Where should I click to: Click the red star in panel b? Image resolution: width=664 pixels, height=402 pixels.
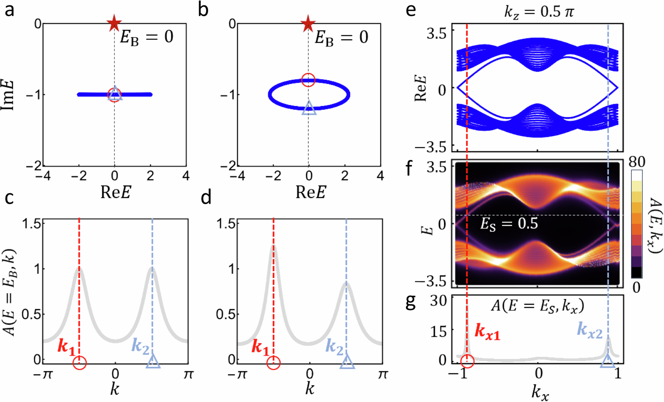[308, 23]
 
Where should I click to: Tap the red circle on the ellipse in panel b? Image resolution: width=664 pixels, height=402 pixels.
[308, 80]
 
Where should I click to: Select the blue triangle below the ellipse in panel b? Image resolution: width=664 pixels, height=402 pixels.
[309, 108]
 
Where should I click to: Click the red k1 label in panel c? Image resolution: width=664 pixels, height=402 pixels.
[66, 347]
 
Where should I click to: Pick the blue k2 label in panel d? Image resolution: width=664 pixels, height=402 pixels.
[335, 347]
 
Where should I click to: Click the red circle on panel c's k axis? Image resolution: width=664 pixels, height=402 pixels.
[79, 363]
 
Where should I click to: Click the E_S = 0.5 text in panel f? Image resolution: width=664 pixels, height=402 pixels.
[509, 224]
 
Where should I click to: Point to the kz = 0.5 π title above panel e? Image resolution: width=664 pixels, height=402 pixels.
[539, 12]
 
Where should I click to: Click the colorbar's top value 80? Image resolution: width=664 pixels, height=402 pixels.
[636, 162]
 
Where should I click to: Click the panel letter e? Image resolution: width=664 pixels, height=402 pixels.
[410, 10]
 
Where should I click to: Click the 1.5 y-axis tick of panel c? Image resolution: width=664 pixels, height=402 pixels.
[31, 224]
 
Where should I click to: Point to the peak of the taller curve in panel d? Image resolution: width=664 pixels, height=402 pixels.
[274, 246]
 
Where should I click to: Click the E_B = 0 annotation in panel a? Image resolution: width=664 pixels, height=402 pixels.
[146, 37]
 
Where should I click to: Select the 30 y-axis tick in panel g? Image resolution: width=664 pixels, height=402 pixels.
[438, 302]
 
